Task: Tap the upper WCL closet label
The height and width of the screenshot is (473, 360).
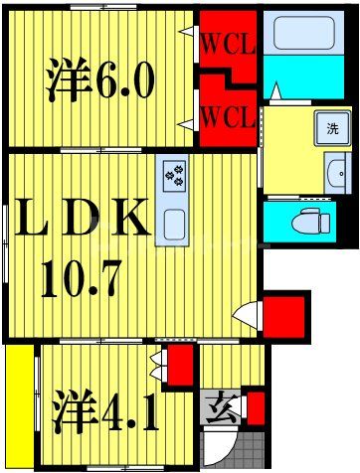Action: click(x=228, y=44)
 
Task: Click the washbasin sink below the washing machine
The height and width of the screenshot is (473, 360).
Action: click(x=335, y=172)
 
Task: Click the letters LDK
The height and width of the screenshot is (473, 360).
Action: click(x=80, y=220)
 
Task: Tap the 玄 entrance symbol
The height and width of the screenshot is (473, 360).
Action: click(x=219, y=407)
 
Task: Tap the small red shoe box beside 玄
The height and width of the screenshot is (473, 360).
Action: click(x=256, y=407)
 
